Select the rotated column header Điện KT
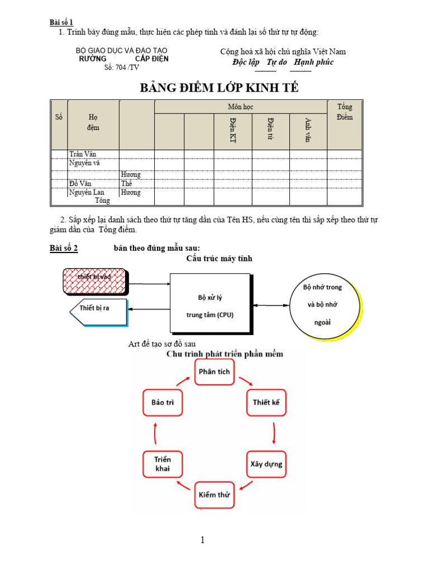click(x=232, y=131)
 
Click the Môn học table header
click(x=241, y=106)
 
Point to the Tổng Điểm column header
click(x=345, y=112)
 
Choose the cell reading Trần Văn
click(x=86, y=154)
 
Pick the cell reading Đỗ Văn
click(x=82, y=183)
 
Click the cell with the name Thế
click(x=127, y=183)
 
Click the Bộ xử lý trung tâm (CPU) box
click(x=210, y=306)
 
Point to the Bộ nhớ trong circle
click(x=322, y=306)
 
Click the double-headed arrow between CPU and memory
click(x=271, y=305)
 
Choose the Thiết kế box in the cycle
click(x=266, y=402)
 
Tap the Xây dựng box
click(x=266, y=464)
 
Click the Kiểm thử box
click(x=214, y=495)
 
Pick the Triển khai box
click(x=163, y=464)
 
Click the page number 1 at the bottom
click(x=203, y=540)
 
